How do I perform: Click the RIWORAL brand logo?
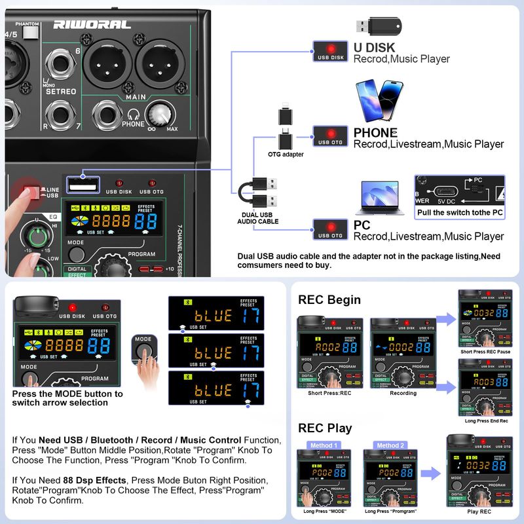[84, 24]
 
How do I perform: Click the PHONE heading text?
[375, 132]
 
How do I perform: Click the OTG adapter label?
[286, 155]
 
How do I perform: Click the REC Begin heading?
[329, 299]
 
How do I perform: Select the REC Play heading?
[325, 428]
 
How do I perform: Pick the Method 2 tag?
[390, 445]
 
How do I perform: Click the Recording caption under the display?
[403, 393]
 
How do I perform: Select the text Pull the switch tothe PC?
[458, 213]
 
